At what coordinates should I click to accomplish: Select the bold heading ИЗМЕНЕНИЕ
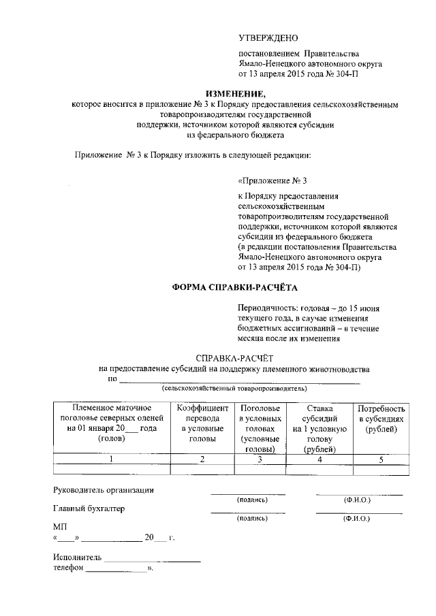234,93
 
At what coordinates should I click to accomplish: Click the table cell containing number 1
112,459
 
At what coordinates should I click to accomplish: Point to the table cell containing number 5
381,459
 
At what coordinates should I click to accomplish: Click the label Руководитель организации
104,490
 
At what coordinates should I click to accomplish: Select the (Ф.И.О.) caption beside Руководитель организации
358,500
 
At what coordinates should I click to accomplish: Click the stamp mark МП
59,527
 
